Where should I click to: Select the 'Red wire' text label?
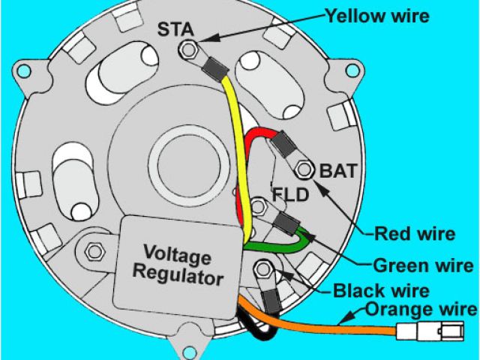click(x=415, y=234)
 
